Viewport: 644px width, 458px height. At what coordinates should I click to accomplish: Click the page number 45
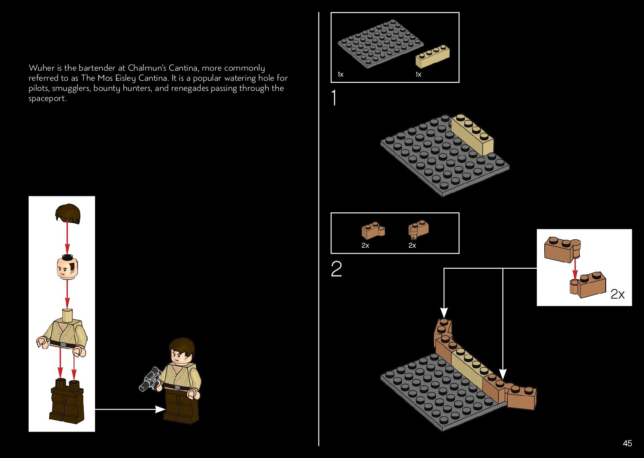tap(627, 443)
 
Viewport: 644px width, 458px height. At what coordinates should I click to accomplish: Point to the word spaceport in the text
tap(47, 99)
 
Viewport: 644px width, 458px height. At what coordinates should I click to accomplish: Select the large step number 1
tap(334, 98)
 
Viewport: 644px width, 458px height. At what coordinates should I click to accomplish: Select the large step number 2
tap(337, 269)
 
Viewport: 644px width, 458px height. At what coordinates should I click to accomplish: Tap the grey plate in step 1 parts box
tap(380, 42)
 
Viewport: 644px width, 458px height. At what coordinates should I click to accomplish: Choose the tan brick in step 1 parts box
tap(432, 56)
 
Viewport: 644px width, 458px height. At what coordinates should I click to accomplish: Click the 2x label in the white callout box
tap(617, 294)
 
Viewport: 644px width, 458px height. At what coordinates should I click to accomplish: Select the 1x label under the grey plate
tap(340, 74)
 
